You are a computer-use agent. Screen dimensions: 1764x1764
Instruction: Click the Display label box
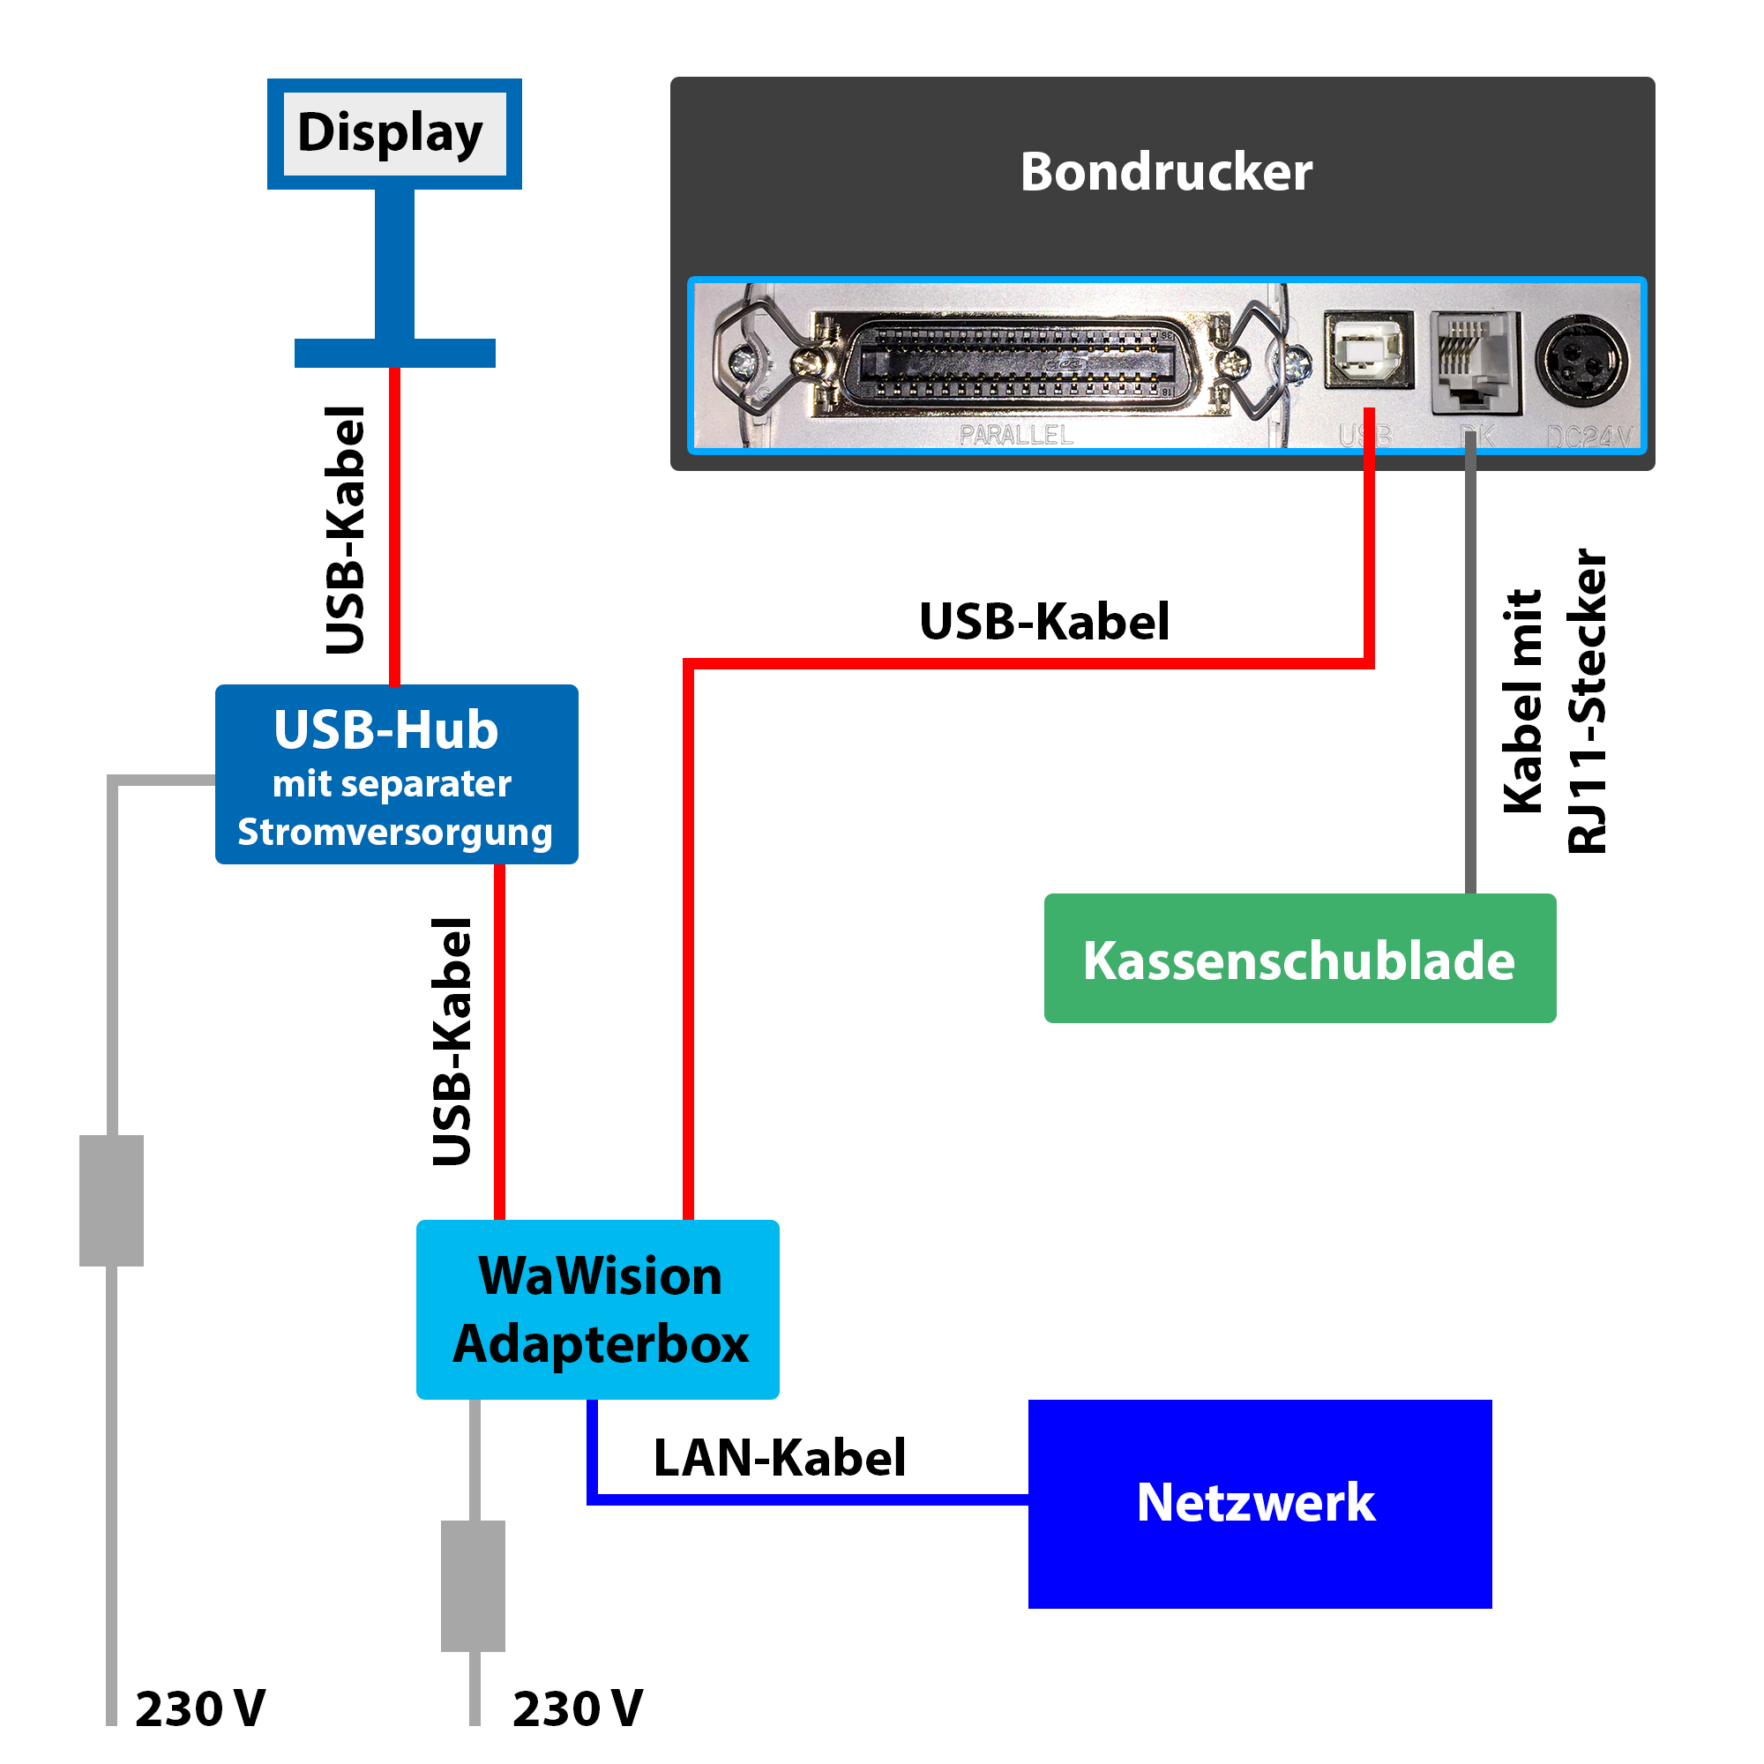pyautogui.click(x=393, y=133)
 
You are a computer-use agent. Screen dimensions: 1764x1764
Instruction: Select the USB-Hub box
pyautogui.click(x=396, y=774)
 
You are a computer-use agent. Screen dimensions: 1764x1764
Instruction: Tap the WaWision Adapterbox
pyautogui.click(x=598, y=1309)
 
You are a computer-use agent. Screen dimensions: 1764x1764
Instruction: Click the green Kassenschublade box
pyautogui.click(x=1299, y=959)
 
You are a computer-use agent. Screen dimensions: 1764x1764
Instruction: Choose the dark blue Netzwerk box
pyautogui.click(x=1259, y=1503)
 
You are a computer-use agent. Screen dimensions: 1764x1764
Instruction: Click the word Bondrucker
pyautogui.click(x=1165, y=172)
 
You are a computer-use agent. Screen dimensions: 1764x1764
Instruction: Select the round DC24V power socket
pyautogui.click(x=1581, y=360)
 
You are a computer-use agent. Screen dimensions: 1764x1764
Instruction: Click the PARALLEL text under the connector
pyautogui.click(x=1015, y=436)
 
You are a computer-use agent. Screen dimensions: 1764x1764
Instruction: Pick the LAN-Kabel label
pyautogui.click(x=779, y=1457)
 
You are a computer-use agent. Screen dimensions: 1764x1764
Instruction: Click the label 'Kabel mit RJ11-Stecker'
pyautogui.click(x=1555, y=701)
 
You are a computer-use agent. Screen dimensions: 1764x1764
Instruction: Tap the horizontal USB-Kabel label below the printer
pyautogui.click(x=1043, y=622)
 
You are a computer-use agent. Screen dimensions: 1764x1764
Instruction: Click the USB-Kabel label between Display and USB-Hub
pyautogui.click(x=345, y=529)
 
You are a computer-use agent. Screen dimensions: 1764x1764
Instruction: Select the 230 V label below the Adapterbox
pyautogui.click(x=577, y=1708)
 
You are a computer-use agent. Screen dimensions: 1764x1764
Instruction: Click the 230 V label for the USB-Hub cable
pyautogui.click(x=200, y=1708)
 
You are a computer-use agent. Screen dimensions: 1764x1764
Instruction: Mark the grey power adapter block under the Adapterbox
pyautogui.click(x=473, y=1585)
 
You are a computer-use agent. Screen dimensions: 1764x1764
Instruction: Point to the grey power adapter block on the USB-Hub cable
pyautogui.click(x=111, y=1200)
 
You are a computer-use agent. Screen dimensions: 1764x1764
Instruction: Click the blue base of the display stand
pyautogui.click(x=394, y=353)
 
